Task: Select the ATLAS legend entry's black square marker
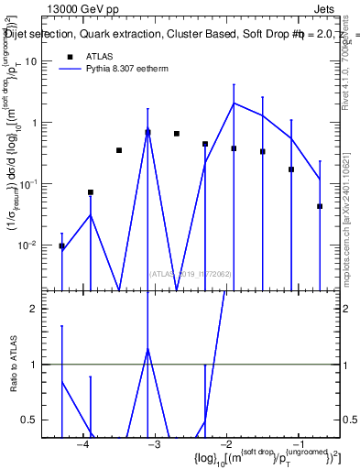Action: pos(70,57)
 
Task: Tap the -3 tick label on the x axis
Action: pos(154,444)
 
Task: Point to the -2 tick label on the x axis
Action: pos(226,444)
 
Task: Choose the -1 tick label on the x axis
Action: pos(299,444)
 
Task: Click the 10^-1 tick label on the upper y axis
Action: pos(39,184)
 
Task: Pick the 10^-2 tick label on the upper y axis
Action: pos(39,245)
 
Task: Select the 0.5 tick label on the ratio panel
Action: pos(39,420)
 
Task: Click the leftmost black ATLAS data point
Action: pos(61,246)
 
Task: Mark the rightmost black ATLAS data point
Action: pos(320,207)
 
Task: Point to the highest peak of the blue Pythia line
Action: pos(234,104)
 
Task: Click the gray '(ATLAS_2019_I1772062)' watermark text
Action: pos(191,273)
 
